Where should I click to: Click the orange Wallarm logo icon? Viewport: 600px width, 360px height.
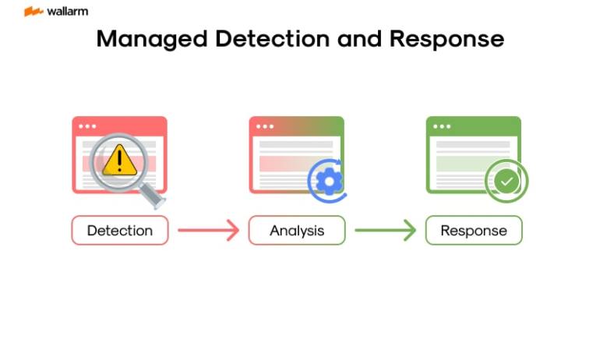[34, 12]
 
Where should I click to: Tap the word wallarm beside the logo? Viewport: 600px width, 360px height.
[67, 12]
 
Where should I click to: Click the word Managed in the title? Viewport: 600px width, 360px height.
[152, 40]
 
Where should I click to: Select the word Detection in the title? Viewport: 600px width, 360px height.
[272, 39]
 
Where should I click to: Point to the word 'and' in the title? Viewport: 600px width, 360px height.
[359, 39]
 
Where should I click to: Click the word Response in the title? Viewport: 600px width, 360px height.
[446, 40]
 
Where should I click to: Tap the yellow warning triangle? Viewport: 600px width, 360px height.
[119, 160]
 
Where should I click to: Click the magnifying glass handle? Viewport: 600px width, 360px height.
[152, 195]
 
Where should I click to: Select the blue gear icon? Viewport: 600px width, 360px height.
[329, 181]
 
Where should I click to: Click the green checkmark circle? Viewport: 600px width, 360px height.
[506, 181]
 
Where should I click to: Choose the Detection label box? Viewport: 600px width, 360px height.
[120, 231]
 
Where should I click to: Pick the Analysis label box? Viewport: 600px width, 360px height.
[297, 231]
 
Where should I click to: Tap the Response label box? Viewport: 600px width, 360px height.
[474, 231]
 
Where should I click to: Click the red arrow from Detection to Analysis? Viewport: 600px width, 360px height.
[209, 231]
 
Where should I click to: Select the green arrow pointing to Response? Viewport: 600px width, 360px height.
[386, 231]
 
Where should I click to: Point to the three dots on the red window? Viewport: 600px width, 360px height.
[87, 127]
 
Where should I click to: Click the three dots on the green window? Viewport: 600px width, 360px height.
[442, 127]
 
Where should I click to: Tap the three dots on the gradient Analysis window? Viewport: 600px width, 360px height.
[265, 127]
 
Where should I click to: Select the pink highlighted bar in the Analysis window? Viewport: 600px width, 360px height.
[287, 164]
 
